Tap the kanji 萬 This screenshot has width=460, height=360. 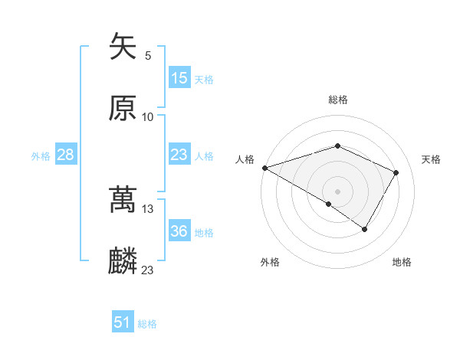pos(123,200)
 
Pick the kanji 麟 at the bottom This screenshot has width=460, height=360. pos(123,261)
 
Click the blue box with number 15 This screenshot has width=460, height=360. pos(179,78)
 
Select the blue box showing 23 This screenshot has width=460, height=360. pos(179,155)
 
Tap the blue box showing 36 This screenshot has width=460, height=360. pos(179,231)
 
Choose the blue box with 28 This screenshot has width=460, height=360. pos(65,155)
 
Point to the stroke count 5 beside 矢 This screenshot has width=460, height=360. pos(148,55)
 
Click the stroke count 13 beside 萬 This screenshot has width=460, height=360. pos(148,208)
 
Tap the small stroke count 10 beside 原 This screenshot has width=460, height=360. pos(148,116)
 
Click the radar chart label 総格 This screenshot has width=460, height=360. pos(338,100)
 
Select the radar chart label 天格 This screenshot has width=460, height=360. pos(432,159)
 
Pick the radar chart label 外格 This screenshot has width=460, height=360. pos(270,262)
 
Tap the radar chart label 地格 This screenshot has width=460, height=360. pos(402,262)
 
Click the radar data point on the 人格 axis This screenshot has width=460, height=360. pos(264,167)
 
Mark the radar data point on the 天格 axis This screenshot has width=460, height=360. pos(396,172)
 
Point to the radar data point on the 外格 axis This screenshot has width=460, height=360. pos(329,204)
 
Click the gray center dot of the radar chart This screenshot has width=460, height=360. pos(337,191)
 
